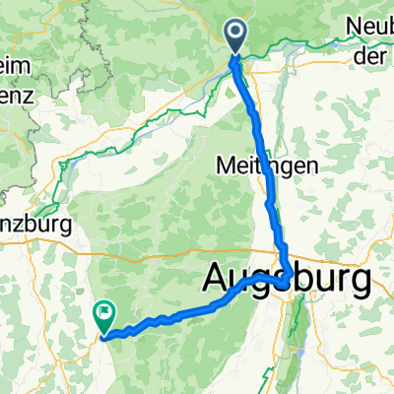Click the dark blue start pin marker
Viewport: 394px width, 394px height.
tap(236, 36)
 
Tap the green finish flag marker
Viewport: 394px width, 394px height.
tap(103, 315)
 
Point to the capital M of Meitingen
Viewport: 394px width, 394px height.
tap(223, 166)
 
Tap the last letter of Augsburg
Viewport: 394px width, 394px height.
tap(362, 281)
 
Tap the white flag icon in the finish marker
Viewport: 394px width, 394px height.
tap(103, 312)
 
